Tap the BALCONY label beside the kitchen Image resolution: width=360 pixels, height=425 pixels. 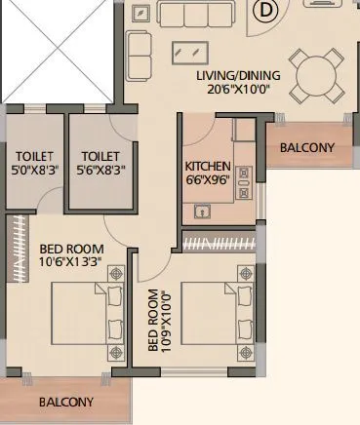click(x=306, y=148)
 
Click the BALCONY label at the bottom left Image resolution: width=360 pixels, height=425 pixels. click(x=66, y=402)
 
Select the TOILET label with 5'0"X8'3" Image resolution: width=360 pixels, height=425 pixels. click(x=34, y=156)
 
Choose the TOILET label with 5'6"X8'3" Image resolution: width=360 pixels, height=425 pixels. click(x=100, y=156)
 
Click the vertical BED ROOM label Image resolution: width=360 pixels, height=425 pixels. click(x=153, y=321)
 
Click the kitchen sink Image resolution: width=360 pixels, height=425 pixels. click(x=203, y=210)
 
